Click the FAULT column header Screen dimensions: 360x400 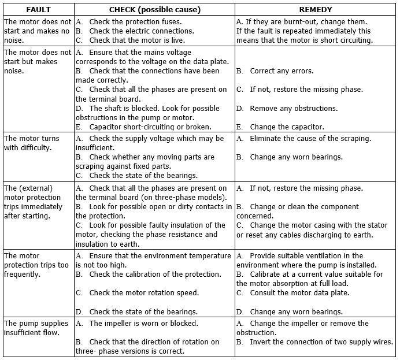click(x=38, y=10)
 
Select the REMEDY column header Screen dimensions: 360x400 click(x=315, y=10)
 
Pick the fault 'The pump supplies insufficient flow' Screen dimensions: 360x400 click(x=36, y=328)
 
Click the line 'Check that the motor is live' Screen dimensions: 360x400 click(x=139, y=40)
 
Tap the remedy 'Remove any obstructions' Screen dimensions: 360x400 click(x=287, y=108)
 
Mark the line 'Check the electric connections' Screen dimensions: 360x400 click(x=142, y=31)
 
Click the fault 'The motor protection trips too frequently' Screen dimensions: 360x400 click(x=36, y=265)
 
